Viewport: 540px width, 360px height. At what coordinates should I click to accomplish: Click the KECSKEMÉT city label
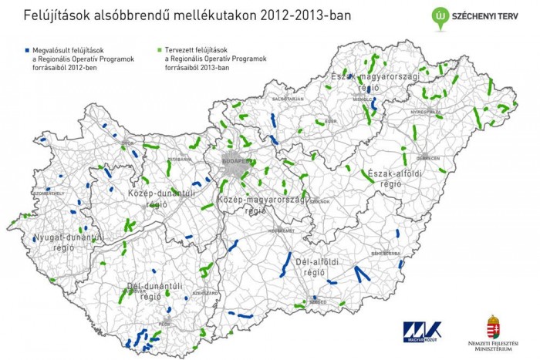282,230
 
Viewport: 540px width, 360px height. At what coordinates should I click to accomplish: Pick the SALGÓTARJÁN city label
288,99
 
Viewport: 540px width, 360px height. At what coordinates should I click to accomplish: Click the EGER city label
331,121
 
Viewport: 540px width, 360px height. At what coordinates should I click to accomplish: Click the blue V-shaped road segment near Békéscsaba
361,274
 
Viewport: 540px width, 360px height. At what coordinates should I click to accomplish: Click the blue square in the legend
18,48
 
